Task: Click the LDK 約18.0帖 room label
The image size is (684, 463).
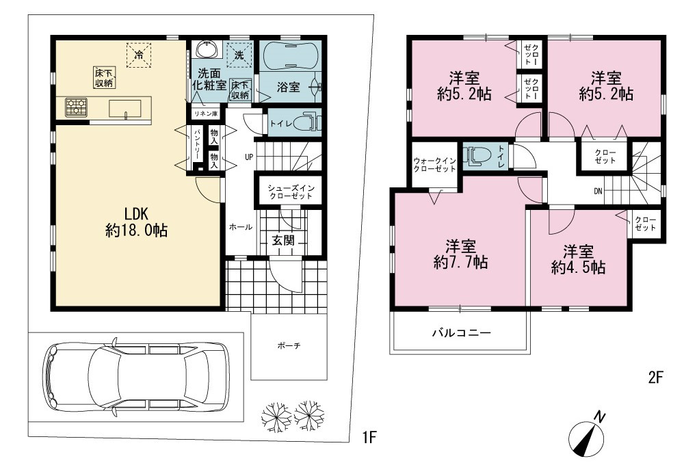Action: point(137,222)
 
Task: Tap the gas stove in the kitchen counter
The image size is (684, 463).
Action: point(77,107)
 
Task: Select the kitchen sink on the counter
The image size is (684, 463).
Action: point(124,109)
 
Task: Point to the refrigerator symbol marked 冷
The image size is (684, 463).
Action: point(139,55)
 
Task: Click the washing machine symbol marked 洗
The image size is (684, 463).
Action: point(239,55)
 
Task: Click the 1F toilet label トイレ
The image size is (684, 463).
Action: point(280,123)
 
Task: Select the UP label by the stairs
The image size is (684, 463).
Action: point(249,157)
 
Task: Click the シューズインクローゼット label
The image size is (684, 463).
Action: point(291,192)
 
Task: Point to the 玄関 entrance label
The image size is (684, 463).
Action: point(283,240)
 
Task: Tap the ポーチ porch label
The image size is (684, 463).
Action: point(289,346)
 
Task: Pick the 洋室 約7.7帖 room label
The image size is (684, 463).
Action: point(460,254)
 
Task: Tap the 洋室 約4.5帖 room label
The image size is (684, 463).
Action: point(579,260)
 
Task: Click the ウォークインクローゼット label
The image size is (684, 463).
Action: point(434,165)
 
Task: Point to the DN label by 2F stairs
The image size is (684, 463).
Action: point(598,191)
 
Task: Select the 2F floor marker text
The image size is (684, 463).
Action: point(655,377)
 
